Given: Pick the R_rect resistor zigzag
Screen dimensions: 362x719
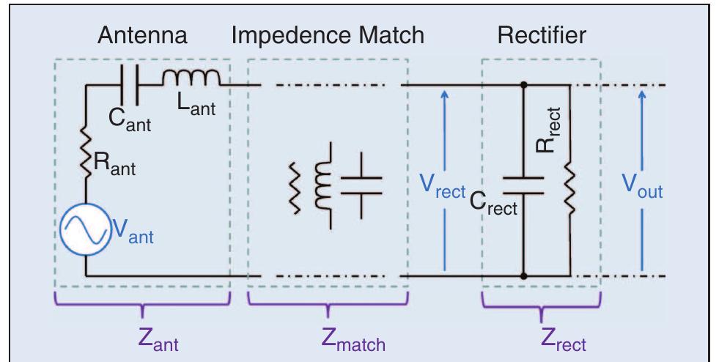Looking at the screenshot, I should [x=569, y=190].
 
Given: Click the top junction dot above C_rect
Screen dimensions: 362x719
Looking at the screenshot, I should [x=523, y=85].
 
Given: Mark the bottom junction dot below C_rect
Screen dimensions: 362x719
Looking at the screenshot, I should [x=523, y=276].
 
